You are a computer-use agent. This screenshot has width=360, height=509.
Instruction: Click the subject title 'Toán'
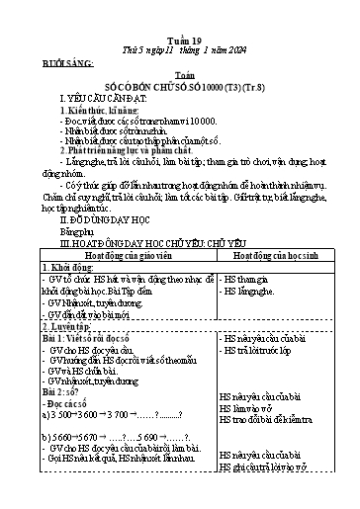point(180,59)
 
